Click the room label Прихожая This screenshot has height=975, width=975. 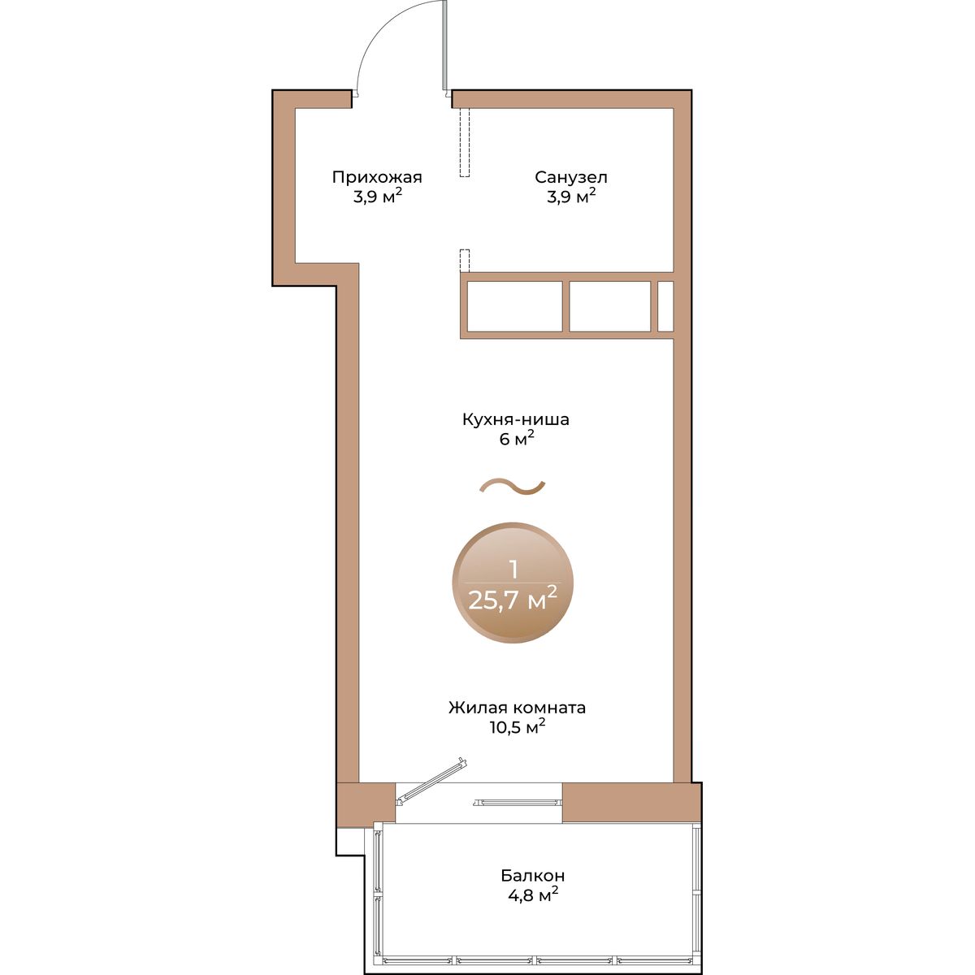[377, 178]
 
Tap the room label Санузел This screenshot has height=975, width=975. [570, 178]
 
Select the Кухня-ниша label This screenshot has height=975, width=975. [516, 419]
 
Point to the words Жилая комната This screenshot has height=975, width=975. [517, 708]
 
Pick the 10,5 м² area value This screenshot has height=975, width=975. [517, 727]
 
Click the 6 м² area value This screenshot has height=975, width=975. [517, 440]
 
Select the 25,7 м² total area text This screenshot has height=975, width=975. [513, 600]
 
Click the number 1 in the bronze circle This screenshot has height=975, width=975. [513, 570]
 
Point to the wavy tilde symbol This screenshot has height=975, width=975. [512, 486]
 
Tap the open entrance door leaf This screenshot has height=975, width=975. [444, 45]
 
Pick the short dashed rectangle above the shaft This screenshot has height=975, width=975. [465, 261]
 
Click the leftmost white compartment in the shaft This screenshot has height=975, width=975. [514, 306]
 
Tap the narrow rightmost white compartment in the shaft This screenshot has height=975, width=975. [665, 306]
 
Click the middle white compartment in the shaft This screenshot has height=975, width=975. [609, 306]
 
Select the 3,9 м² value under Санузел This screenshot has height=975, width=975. [570, 197]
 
